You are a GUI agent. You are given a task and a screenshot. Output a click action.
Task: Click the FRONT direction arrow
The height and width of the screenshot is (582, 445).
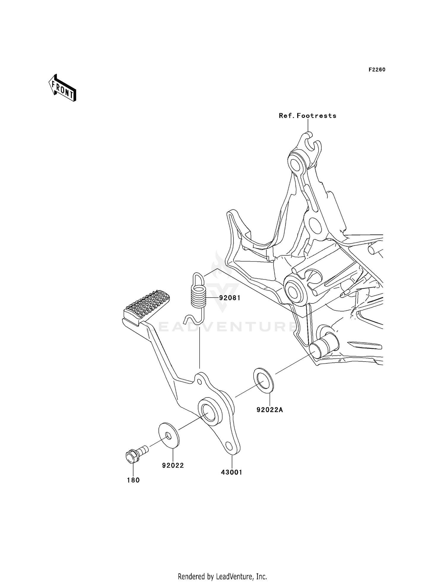click(62, 88)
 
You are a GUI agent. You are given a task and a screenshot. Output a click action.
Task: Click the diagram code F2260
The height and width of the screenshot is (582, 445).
click(377, 70)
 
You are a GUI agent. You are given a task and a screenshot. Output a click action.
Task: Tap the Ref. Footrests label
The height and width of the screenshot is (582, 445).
click(307, 116)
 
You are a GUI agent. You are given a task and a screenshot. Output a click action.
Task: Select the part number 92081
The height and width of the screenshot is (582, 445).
click(230, 298)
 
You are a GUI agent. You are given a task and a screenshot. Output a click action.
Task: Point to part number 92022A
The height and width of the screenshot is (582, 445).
click(270, 410)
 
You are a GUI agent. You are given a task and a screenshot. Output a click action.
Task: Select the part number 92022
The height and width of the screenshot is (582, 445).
click(173, 465)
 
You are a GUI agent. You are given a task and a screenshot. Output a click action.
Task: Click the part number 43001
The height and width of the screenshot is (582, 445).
click(231, 472)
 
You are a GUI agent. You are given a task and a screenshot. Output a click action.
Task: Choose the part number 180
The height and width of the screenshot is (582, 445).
click(133, 480)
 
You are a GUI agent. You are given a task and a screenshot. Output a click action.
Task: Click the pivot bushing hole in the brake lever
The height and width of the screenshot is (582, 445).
click(209, 412)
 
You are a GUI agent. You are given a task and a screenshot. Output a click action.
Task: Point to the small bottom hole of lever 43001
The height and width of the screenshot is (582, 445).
click(229, 446)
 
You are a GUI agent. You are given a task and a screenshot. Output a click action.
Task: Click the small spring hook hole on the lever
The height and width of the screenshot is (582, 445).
click(199, 381)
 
